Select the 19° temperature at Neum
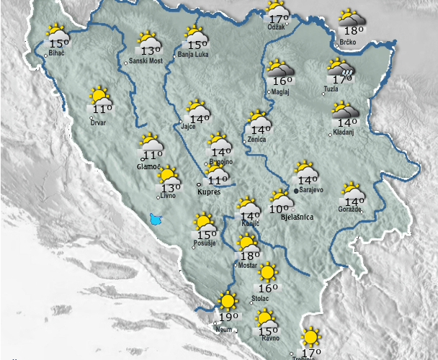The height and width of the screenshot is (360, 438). pos(228,317)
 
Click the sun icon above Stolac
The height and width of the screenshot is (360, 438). pos(267,272)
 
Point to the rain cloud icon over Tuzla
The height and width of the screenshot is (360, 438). pos(341,68)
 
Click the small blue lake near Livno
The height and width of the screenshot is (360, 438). pos(155,218)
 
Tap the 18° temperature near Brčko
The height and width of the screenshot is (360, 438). pos(353,30)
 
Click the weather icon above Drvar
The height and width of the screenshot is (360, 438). pos(100,96)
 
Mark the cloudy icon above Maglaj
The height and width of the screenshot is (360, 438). pos(278,69)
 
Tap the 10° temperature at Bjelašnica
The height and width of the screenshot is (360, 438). pos(279,209)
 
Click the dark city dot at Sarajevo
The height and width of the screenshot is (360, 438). pos(296,191)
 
